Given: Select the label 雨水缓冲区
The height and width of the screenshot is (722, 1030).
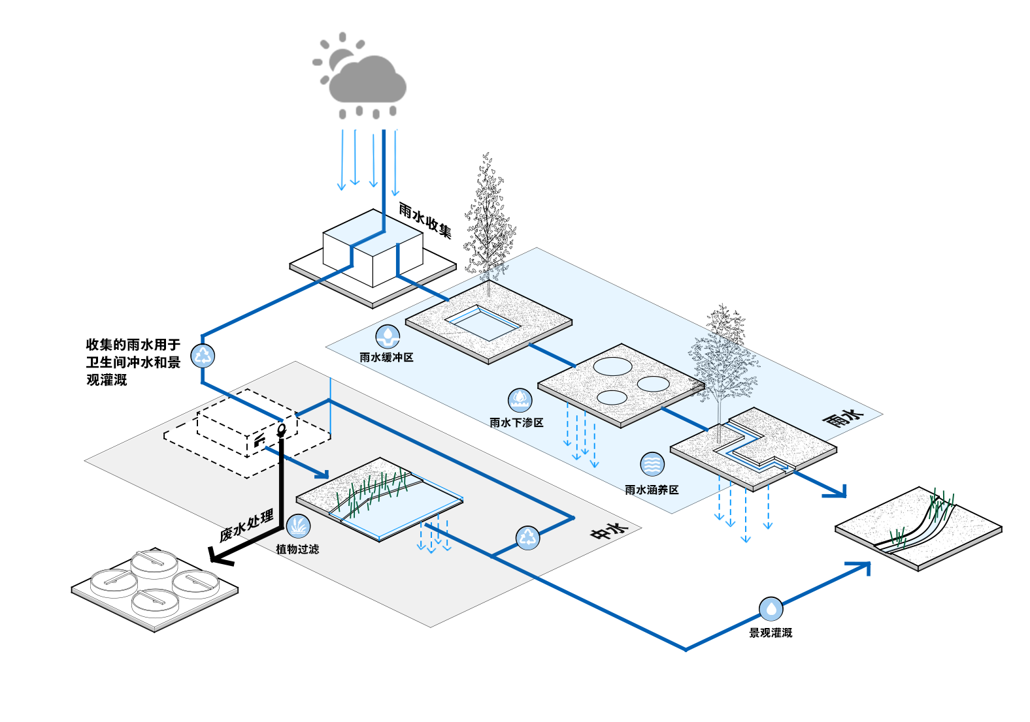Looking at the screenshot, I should [386, 358].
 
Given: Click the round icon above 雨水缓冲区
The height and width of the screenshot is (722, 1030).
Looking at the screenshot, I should [388, 337].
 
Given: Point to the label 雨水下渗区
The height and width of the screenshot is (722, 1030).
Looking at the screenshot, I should [516, 423].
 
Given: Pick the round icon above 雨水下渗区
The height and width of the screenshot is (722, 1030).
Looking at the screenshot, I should [520, 400].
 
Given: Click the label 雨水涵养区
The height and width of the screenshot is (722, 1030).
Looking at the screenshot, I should [652, 490].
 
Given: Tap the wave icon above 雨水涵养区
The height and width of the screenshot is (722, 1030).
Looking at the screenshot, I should [652, 464].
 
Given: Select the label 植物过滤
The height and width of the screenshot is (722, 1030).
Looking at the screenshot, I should [297, 550].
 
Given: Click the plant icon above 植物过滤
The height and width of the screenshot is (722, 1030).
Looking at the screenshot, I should [299, 526].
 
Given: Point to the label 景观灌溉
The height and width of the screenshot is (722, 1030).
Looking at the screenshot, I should [771, 633].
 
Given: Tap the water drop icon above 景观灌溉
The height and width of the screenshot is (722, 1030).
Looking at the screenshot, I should [771, 609].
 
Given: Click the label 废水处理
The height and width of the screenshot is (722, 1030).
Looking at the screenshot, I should [247, 527].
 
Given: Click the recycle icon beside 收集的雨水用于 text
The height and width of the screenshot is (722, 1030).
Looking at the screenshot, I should [203, 356].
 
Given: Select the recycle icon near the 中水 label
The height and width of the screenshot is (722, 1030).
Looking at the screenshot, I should [527, 538].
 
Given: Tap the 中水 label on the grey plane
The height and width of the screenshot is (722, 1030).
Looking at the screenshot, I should [609, 531].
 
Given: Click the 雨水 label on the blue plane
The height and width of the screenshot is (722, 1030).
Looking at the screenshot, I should [843, 418].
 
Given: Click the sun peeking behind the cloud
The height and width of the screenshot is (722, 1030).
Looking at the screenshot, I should [339, 57].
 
